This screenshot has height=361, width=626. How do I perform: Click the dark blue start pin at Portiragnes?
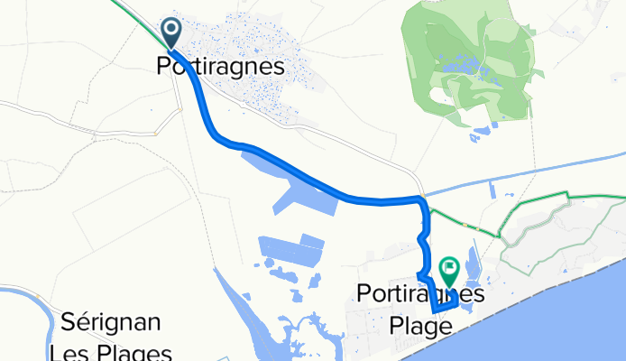[171, 33]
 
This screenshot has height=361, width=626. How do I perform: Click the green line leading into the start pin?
[135, 11]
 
